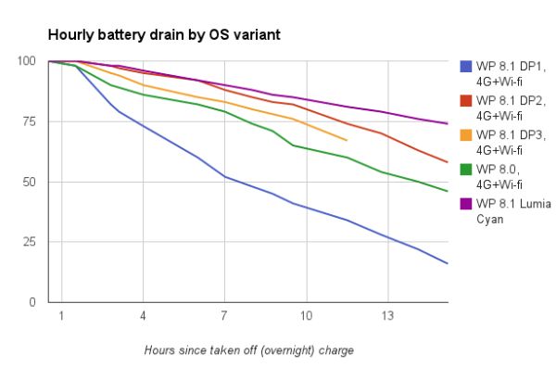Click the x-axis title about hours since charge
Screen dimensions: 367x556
click(x=248, y=350)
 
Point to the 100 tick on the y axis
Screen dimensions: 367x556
click(x=30, y=62)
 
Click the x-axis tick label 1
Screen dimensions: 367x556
click(x=61, y=317)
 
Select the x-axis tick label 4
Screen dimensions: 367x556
click(x=143, y=317)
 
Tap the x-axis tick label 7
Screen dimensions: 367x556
click(x=224, y=317)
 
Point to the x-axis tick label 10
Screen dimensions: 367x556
click(x=306, y=317)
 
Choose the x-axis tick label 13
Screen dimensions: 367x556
click(x=387, y=317)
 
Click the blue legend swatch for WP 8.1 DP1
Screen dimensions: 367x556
click(x=467, y=67)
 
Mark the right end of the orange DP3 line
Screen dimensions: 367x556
click(x=347, y=140)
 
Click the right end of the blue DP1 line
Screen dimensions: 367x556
click(x=448, y=264)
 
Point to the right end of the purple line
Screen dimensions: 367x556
click(x=448, y=123)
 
